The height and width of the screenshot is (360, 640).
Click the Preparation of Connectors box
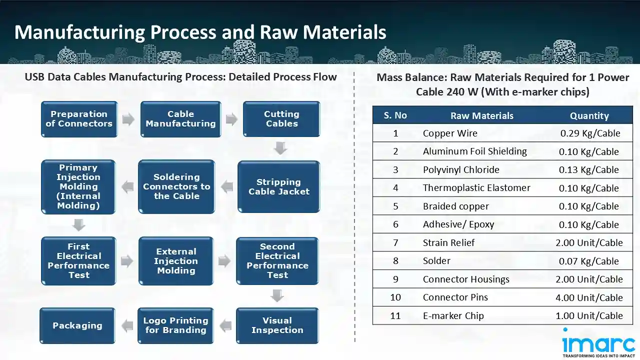[79, 119]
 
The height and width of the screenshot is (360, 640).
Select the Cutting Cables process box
[281, 119]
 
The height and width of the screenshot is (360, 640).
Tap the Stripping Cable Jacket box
[278, 186]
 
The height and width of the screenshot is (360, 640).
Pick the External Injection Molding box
[176, 261]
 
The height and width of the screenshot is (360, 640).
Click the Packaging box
[77, 325]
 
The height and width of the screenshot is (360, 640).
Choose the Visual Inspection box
[277, 325]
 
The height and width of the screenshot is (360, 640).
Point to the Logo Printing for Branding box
[175, 325]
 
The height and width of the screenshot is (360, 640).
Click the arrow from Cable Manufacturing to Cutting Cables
[231, 119]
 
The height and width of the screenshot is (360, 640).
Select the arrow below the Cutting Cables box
[281, 148]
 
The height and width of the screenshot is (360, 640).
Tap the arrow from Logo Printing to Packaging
[127, 326]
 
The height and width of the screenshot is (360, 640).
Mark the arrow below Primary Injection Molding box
[78, 225]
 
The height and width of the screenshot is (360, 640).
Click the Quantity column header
[589, 115]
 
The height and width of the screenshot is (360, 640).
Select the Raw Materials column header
[481, 115]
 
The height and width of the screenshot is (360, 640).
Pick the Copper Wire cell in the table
[450, 133]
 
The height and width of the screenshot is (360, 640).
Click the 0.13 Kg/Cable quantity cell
[589, 170]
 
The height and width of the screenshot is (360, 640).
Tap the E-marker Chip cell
[453, 315]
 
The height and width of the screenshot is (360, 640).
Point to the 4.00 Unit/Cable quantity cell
[589, 297]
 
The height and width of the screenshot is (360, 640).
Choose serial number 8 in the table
[395, 261]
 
